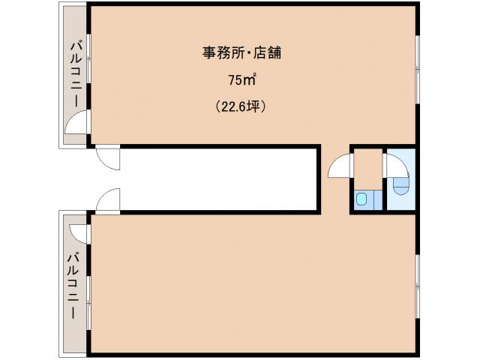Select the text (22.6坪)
click(241, 106)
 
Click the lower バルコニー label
click(74, 286)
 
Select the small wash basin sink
click(362, 199)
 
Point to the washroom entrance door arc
click(341, 166)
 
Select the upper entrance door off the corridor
click(107, 157)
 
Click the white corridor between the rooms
click(217, 178)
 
